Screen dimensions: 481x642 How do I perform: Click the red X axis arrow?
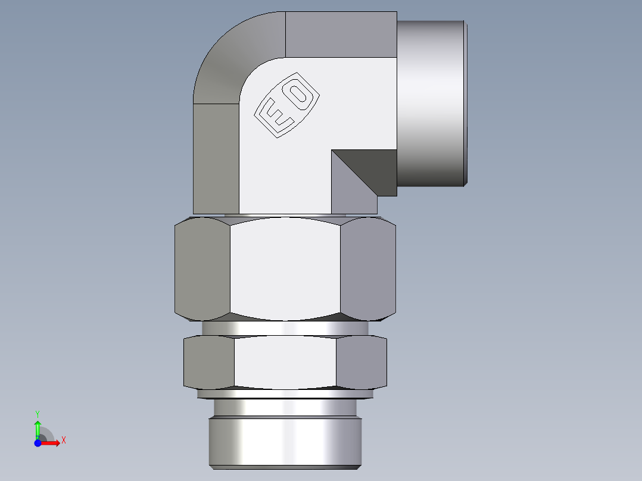(51, 443)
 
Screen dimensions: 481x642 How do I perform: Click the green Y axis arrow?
(38, 428)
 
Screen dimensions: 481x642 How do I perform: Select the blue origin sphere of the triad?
(38, 443)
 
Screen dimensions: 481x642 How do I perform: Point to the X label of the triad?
(64, 441)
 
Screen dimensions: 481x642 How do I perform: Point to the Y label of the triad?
(38, 413)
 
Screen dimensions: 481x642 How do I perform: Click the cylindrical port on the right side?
(430, 102)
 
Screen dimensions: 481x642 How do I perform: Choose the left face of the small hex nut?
(209, 363)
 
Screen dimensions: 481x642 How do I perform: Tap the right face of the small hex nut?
(361, 363)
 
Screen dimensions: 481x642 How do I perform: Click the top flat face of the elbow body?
(341, 35)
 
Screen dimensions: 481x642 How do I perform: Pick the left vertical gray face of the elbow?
(216, 158)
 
